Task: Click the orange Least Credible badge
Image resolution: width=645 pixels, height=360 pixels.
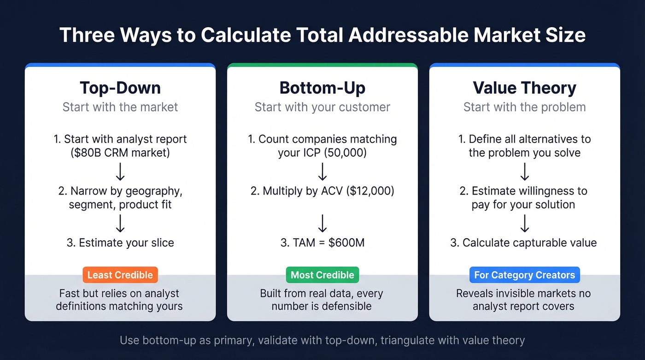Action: click(x=120, y=275)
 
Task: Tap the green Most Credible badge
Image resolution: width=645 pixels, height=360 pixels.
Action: click(x=322, y=275)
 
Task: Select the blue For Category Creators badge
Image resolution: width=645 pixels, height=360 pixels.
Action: click(x=524, y=275)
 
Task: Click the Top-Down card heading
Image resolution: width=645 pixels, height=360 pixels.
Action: click(x=120, y=88)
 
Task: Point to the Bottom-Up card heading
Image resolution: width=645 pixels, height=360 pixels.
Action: click(x=322, y=88)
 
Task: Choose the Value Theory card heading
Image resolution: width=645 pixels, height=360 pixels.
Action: click(x=524, y=88)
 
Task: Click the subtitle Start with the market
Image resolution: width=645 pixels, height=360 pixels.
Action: click(x=120, y=107)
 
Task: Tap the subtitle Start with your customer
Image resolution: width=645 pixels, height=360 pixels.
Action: click(x=322, y=107)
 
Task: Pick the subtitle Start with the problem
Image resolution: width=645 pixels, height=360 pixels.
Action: click(x=524, y=107)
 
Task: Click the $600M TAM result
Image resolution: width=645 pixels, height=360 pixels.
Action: click(x=347, y=242)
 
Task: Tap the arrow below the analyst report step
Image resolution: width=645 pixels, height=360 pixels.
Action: click(x=120, y=171)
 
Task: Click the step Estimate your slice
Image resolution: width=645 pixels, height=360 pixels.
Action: click(x=120, y=242)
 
